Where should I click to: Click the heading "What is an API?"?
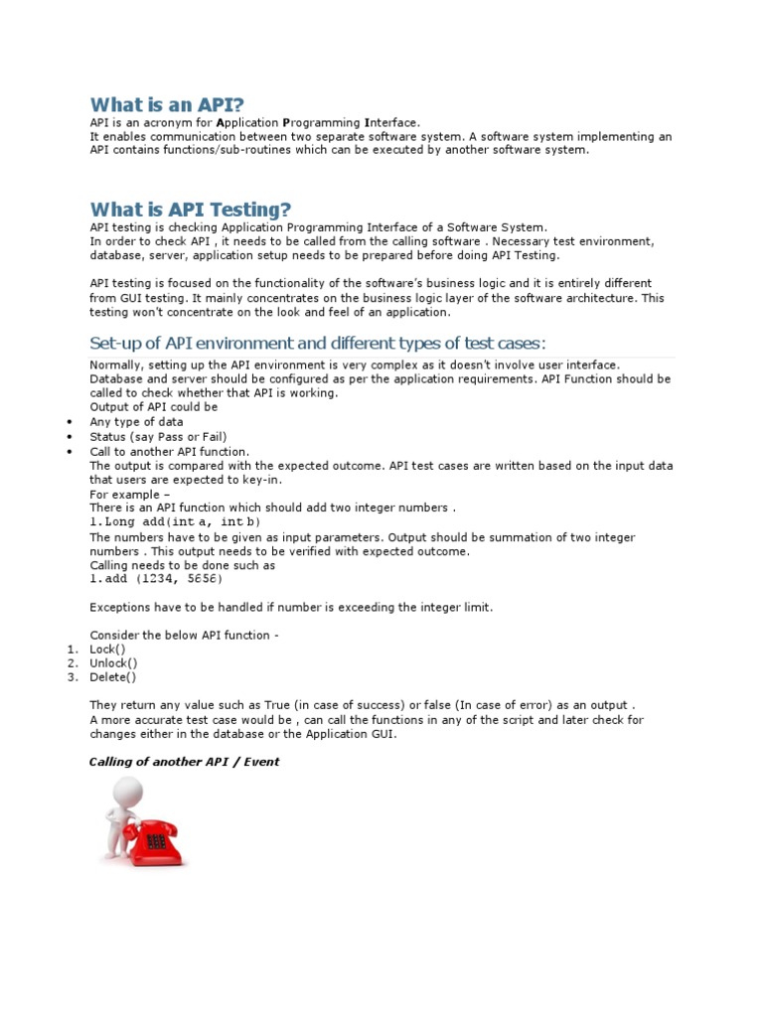167,104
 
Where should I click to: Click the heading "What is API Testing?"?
191,210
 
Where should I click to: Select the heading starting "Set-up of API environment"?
318,344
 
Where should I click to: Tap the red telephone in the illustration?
156,840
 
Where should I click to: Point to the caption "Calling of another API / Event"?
185,762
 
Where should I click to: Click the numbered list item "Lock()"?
107,649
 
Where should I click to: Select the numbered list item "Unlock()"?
113,663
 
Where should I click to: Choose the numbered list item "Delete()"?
112,677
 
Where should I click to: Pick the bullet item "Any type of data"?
136,422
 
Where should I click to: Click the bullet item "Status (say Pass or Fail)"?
159,437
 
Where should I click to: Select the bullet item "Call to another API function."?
169,451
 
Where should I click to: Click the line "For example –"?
130,494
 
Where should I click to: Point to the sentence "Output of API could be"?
154,407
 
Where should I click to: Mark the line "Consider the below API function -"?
184,635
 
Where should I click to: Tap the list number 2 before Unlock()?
72,663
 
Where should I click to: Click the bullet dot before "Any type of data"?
70,422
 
